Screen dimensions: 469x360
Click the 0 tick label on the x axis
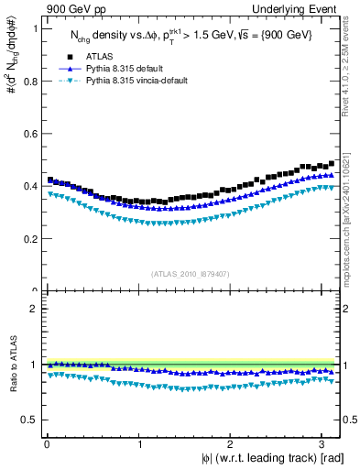click(45, 445)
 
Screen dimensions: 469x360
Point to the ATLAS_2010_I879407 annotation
click(191, 273)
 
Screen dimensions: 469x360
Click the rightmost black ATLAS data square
click(332, 163)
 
